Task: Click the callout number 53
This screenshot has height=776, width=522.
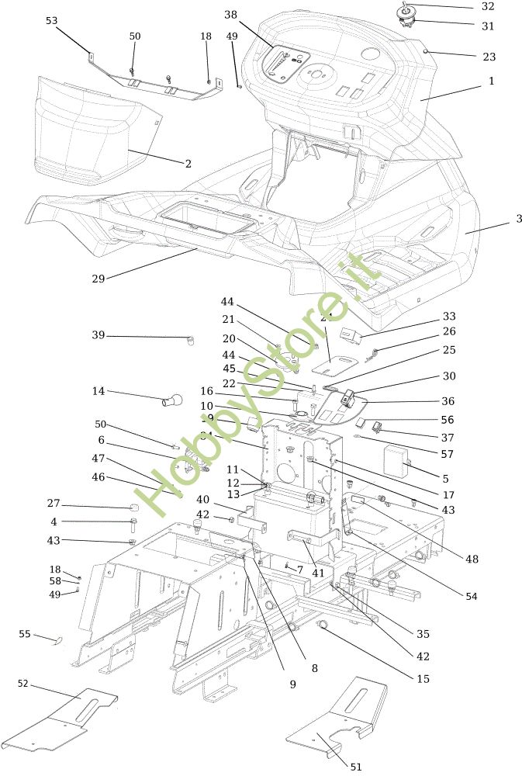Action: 51,21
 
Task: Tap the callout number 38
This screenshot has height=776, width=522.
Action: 231,15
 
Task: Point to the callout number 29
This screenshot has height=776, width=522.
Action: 98,278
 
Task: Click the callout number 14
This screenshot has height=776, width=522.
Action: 98,391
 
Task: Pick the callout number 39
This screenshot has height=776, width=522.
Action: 98,335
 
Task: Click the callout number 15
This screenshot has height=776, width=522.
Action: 423,678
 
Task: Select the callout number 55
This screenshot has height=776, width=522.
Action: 25,634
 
